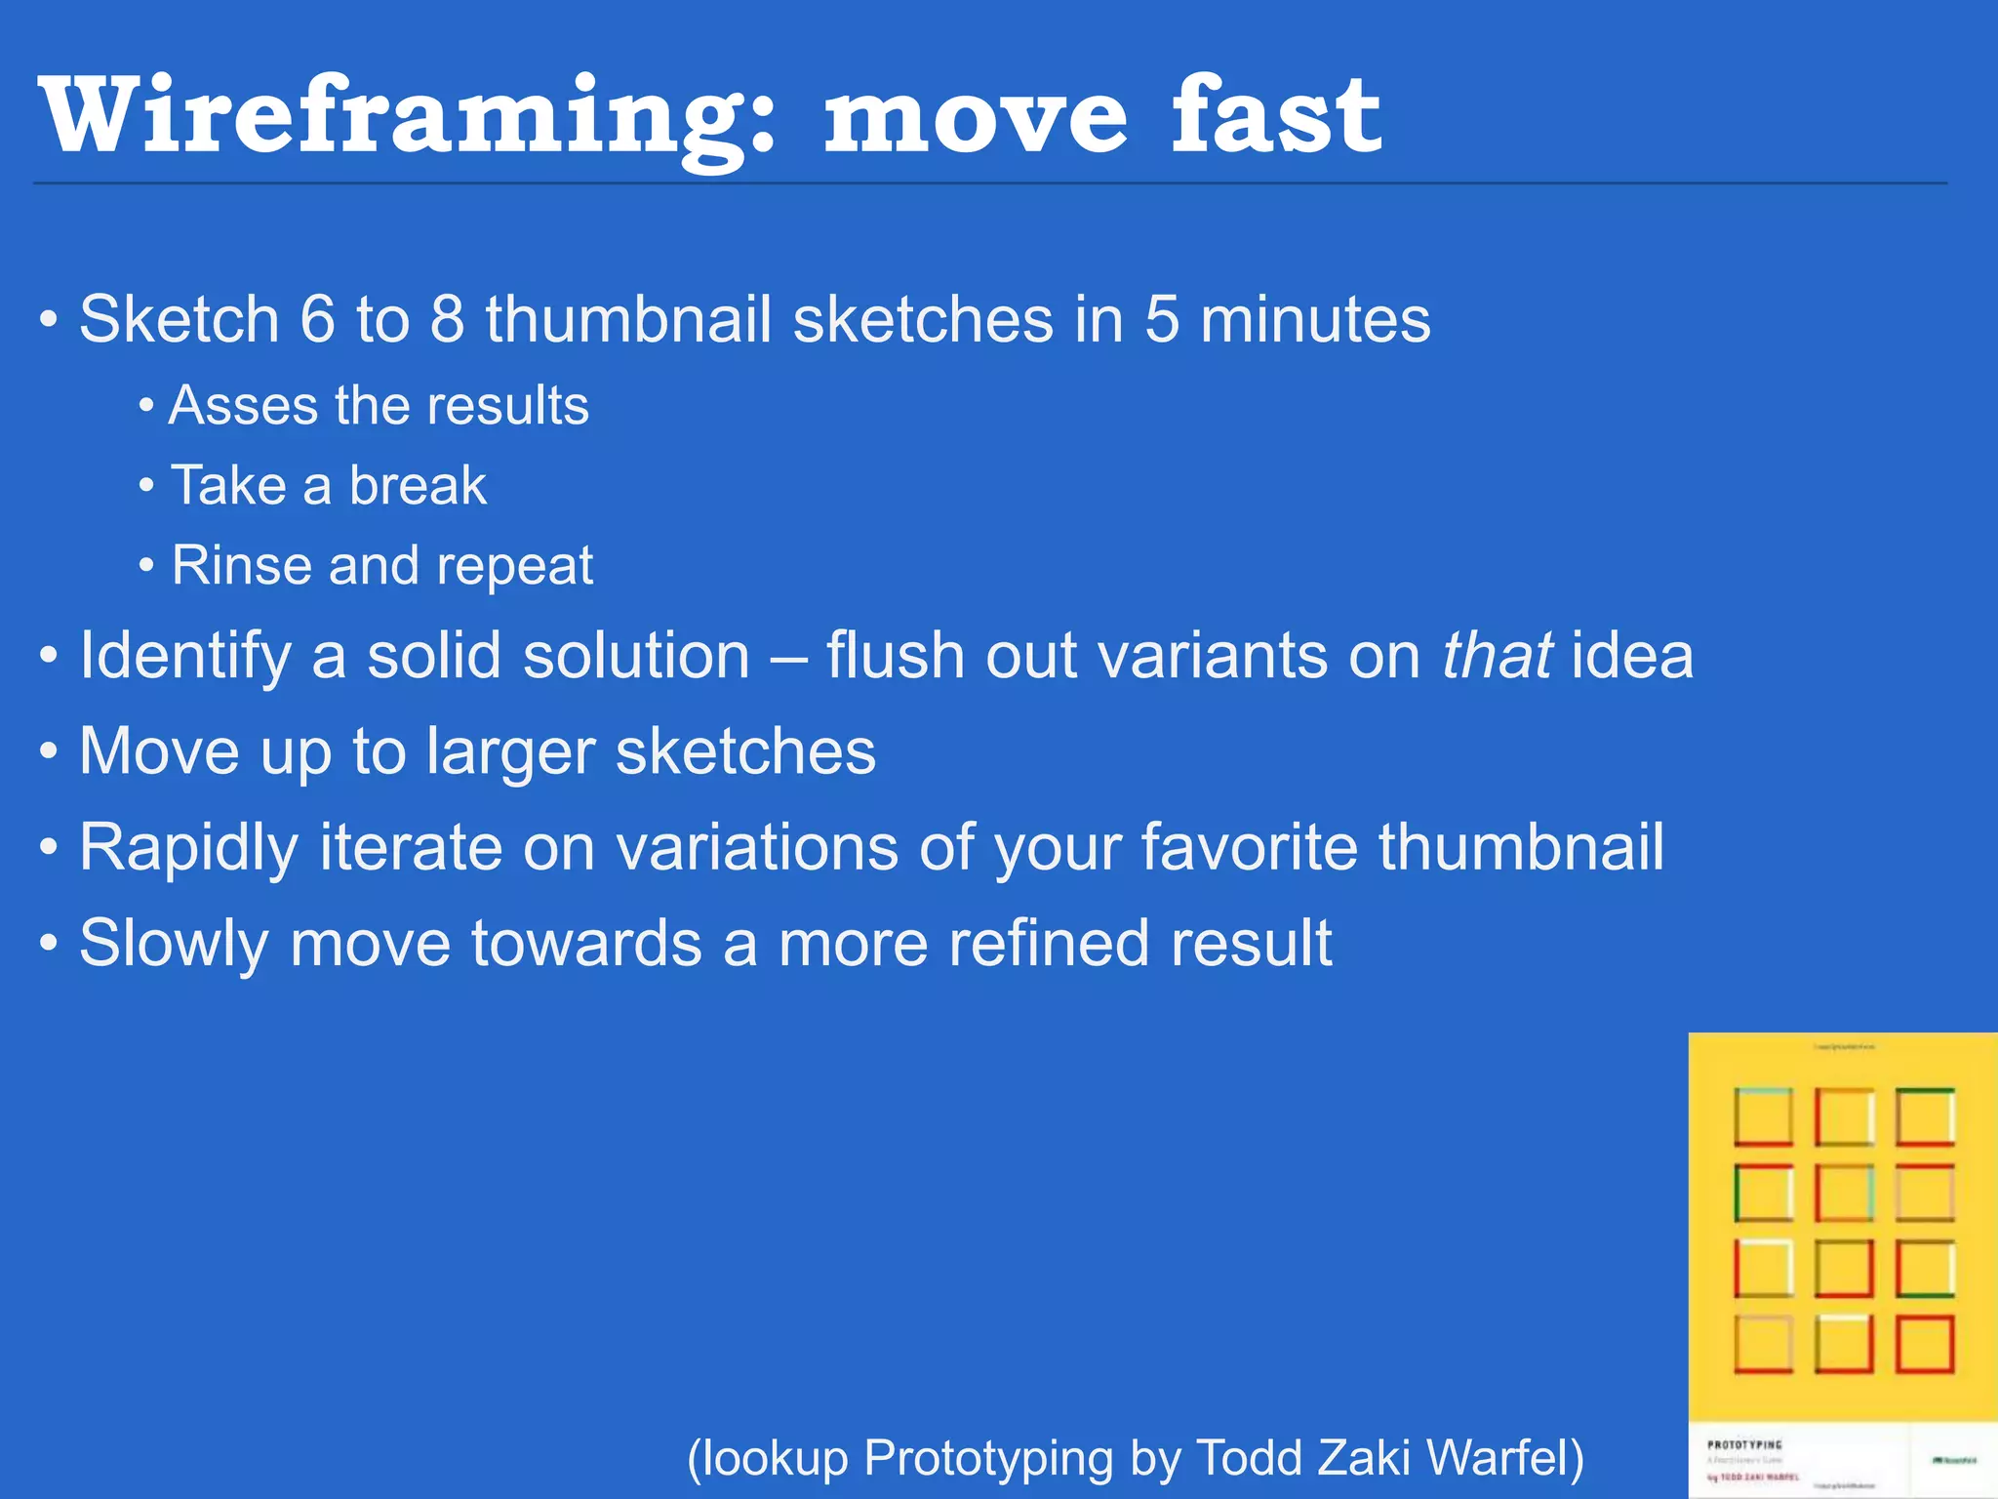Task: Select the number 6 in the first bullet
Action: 317,319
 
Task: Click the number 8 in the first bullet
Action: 447,319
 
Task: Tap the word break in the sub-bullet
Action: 418,485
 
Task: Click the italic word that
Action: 1497,655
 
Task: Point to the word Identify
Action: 185,656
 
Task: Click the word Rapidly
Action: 188,848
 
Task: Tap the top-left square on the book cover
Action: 1763,1116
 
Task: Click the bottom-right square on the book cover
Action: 1925,1344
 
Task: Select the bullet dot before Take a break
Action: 146,485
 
